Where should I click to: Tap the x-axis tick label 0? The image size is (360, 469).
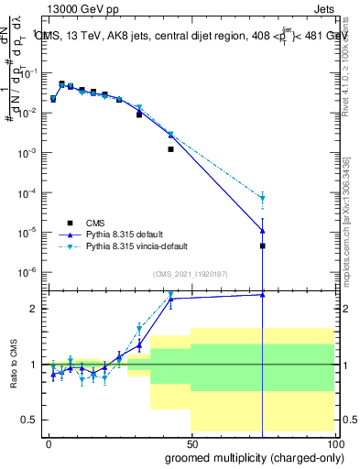click(49, 443)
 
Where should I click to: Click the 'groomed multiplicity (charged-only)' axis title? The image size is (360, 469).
click(252, 457)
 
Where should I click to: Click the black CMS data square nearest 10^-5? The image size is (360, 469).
click(262, 245)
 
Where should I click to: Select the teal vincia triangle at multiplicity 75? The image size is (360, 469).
click(262, 198)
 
